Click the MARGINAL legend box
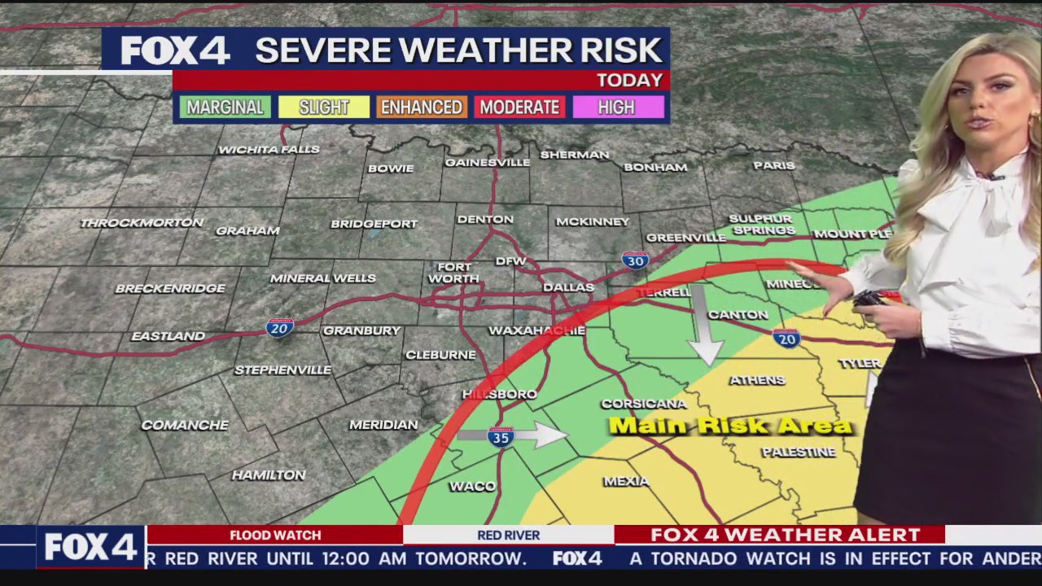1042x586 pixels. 225,107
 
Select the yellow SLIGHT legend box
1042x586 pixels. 324,107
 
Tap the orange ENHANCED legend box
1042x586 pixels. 422,107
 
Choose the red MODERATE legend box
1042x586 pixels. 519,107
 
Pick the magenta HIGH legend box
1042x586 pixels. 617,107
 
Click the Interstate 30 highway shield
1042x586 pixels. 635,260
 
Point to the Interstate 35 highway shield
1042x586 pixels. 501,437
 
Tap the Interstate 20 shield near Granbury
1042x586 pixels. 279,327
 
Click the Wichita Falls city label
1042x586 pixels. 269,150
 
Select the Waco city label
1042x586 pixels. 472,486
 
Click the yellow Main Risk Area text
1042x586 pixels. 730,426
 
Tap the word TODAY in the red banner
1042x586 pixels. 629,81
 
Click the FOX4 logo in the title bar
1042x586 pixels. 175,50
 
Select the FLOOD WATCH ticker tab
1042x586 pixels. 275,535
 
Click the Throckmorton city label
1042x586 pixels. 142,223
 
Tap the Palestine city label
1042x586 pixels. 798,452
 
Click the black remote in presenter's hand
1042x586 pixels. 869,299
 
